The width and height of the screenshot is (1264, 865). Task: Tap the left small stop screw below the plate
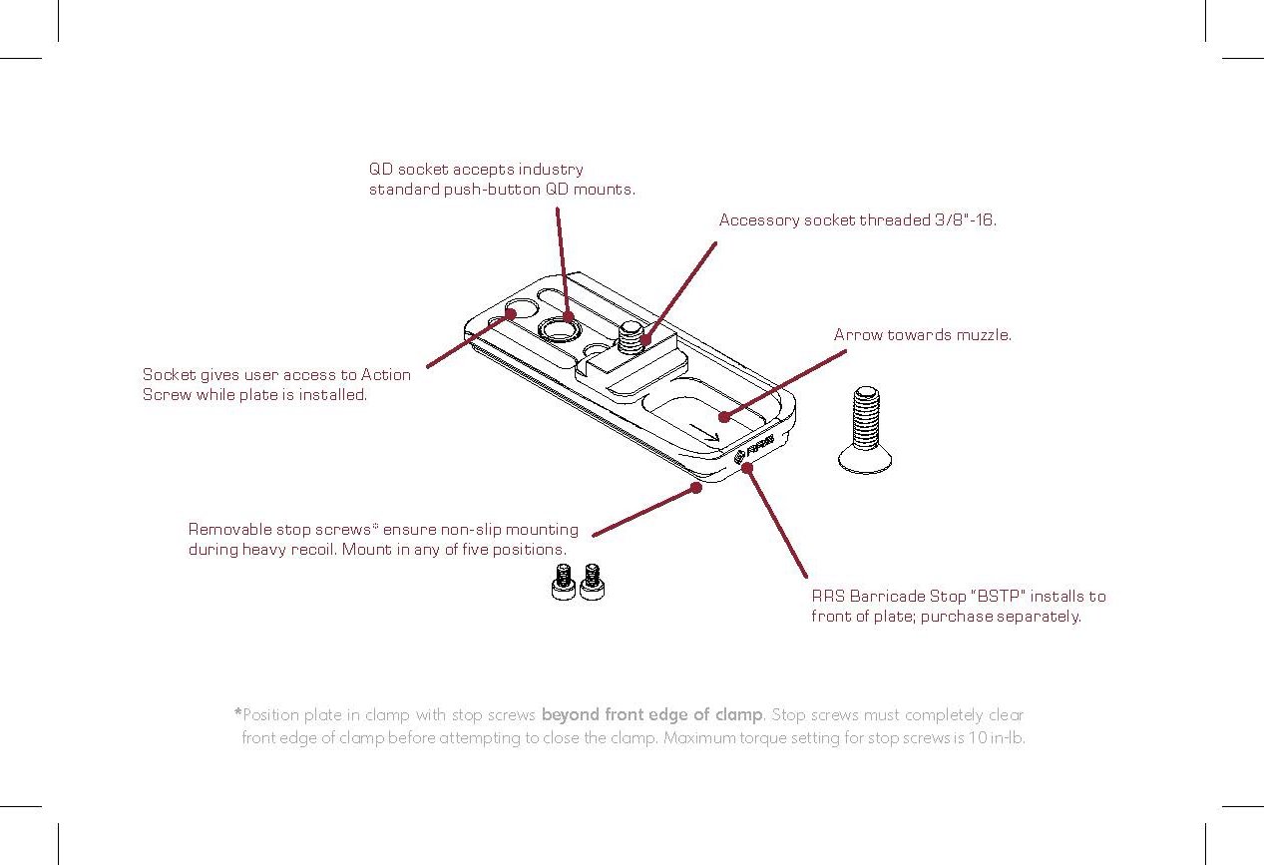pyautogui.click(x=563, y=582)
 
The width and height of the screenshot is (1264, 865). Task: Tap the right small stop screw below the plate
pyautogui.click(x=593, y=582)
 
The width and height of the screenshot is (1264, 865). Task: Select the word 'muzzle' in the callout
pyautogui.click(x=984, y=335)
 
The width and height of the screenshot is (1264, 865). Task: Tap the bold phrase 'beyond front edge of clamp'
pyautogui.click(x=652, y=715)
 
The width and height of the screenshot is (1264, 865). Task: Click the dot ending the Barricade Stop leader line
pyautogui.click(x=747, y=468)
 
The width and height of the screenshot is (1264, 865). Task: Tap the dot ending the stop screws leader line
pyautogui.click(x=696, y=489)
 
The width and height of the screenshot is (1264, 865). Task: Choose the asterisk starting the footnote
pyautogui.click(x=237, y=713)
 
